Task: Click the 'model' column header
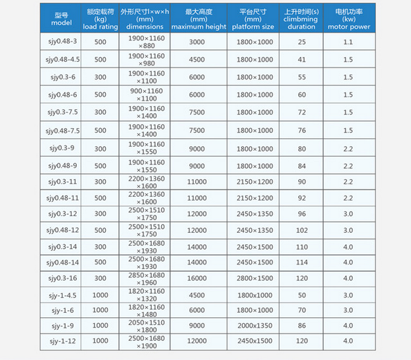(x=61, y=19)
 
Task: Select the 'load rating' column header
(x=100, y=19)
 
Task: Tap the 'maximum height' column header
(x=198, y=19)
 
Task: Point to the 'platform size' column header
(x=254, y=19)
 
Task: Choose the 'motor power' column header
(x=349, y=19)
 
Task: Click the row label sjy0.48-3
(x=61, y=42)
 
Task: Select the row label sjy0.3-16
(x=61, y=278)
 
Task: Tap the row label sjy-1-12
(x=61, y=341)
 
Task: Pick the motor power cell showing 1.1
(x=348, y=42)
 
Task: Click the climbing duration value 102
(x=302, y=230)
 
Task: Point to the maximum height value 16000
(x=198, y=278)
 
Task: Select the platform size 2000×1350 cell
(x=254, y=325)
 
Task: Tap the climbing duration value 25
(x=302, y=42)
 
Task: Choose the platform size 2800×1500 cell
(x=254, y=278)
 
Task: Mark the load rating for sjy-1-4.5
(x=100, y=295)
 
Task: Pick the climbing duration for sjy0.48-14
(x=302, y=262)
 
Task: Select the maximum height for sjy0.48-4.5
(x=198, y=60)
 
